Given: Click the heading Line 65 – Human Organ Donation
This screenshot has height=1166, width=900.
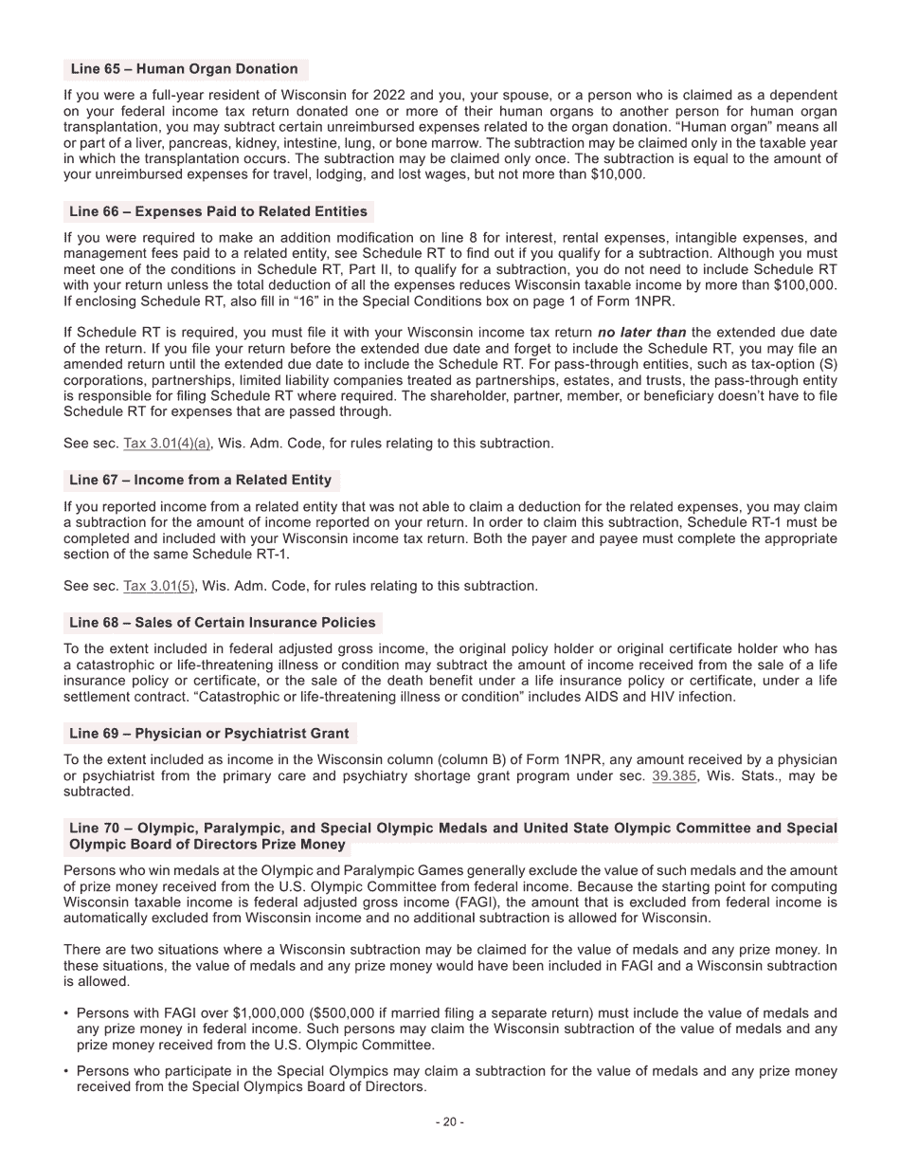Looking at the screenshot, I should pyautogui.click(x=184, y=69).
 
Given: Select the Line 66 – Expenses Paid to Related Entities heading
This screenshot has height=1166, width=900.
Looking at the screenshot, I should pyautogui.click(x=218, y=211).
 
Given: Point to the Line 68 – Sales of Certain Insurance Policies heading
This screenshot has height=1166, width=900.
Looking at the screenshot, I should pyautogui.click(x=223, y=623).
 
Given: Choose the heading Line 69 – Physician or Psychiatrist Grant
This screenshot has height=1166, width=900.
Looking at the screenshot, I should pyautogui.click(x=208, y=734).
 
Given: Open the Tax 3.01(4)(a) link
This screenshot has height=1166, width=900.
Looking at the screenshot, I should pyautogui.click(x=168, y=444).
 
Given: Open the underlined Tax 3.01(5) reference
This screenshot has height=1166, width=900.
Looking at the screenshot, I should pyautogui.click(x=159, y=586).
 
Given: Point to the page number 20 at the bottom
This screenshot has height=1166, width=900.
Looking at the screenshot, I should pyautogui.click(x=449, y=1122).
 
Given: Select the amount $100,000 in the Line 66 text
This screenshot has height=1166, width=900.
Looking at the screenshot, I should pyautogui.click(x=803, y=285).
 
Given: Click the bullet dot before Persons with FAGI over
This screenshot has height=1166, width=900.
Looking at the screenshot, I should pyautogui.click(x=66, y=1013).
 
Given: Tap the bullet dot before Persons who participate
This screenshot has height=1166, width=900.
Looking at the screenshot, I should pyautogui.click(x=66, y=1071).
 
